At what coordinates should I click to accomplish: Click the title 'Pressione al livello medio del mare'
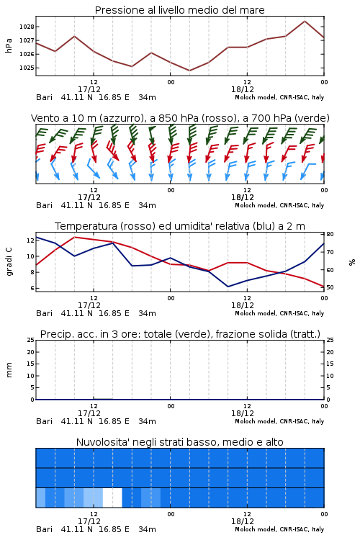tap(179, 10)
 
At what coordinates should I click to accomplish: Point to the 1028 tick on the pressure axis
tap(27, 27)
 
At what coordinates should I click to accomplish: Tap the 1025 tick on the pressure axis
tap(27, 68)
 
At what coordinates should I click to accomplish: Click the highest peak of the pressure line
tap(305, 21)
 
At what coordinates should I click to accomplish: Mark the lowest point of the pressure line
tap(189, 71)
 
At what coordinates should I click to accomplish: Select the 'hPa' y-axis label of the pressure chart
tap(9, 45)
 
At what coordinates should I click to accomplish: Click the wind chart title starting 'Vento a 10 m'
tap(180, 118)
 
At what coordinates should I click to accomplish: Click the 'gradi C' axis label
tap(9, 262)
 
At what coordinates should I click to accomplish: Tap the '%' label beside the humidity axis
tap(352, 262)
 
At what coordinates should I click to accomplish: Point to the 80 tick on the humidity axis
tap(330, 234)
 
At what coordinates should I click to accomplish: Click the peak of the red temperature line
tap(74, 237)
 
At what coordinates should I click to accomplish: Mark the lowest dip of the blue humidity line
tap(228, 287)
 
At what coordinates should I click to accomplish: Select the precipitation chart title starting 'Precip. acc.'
tap(180, 334)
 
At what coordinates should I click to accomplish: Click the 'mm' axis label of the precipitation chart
tap(9, 370)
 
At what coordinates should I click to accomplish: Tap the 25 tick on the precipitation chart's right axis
tap(330, 340)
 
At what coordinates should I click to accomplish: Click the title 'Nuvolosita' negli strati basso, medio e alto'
tap(179, 442)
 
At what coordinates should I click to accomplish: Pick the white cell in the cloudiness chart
tap(112, 498)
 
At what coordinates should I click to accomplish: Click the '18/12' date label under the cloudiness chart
tap(243, 521)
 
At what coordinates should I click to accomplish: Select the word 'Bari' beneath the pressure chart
tap(45, 97)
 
